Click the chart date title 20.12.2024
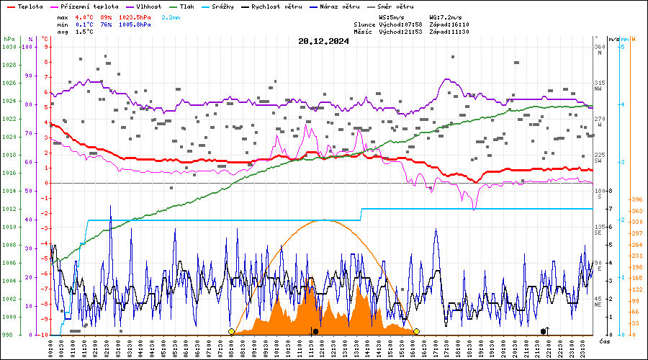point(323,41)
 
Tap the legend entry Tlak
point(186,6)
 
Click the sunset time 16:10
point(458,24)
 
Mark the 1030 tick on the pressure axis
point(9,47)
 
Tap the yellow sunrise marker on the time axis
point(231,331)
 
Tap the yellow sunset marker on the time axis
point(416,331)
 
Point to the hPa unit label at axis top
point(9,39)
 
